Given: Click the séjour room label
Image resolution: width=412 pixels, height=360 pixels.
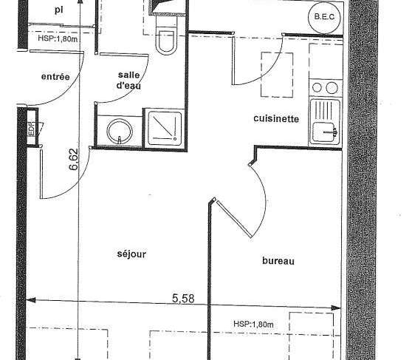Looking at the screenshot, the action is point(131,254).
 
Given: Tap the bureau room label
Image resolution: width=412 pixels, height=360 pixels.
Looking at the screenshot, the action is point(278,261).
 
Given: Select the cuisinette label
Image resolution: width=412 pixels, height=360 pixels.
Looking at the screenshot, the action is point(276,119).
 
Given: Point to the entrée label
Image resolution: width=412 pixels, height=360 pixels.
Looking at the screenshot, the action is point(55,77).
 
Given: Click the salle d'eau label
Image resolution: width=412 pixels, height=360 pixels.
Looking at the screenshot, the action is point(128,81).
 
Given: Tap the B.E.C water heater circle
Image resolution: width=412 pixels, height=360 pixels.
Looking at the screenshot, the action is point(324,17).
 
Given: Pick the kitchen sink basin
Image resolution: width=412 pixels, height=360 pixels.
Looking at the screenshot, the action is point(325,132).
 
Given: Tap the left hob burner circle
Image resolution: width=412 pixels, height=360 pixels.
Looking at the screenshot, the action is point(317,87).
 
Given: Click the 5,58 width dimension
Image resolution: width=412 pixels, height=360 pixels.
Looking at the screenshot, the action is point(183,299).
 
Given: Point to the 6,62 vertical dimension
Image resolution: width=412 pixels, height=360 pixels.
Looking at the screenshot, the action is point(73,160).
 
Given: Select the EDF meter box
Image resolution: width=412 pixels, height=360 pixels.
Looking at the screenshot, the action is point(32,126).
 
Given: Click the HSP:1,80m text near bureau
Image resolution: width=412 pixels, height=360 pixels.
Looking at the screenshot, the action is point(253,324).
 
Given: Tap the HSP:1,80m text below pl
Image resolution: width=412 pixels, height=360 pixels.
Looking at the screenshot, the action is point(58,38).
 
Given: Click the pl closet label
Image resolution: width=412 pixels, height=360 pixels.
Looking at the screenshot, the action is point(58,10).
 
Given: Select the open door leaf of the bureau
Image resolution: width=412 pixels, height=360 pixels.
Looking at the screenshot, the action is point(235,219).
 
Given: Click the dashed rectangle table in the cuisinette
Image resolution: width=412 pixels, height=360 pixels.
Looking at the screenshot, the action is point(277,75).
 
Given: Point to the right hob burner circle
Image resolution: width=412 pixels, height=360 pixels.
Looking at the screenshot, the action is point(332,87).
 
